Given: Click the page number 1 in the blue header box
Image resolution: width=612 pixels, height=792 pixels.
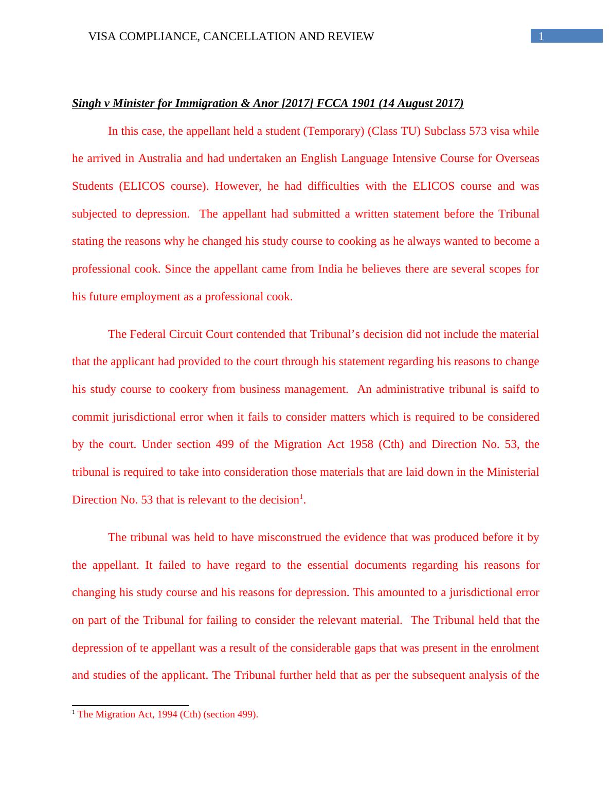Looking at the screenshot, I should pyautogui.click(x=541, y=36).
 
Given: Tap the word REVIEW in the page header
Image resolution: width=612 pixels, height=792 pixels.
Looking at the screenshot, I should pyautogui.click(x=353, y=37).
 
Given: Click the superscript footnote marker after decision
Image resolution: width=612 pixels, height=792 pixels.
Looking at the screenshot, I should pyautogui.click(x=301, y=497).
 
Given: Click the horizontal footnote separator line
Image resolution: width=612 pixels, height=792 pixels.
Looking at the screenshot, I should pyautogui.click(x=131, y=706).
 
